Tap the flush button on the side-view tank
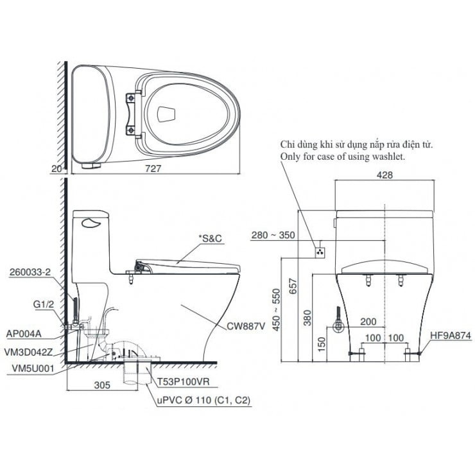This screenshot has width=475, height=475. [92, 223]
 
